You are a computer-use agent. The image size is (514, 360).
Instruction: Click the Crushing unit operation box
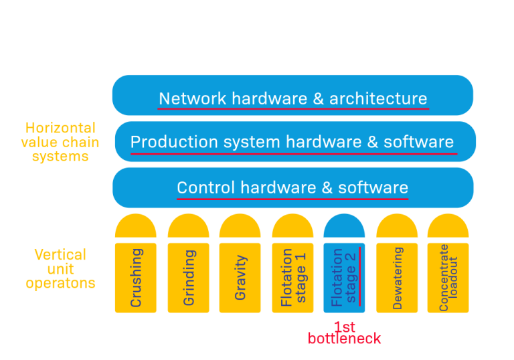136,278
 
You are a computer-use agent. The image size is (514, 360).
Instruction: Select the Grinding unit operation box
188,278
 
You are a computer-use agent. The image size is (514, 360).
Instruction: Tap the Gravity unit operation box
240,278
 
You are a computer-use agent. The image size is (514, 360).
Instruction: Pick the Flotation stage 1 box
292,278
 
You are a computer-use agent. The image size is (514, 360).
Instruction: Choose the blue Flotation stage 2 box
344,278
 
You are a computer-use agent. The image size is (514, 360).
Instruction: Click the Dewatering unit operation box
397,278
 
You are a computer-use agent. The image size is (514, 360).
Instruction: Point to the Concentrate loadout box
448,278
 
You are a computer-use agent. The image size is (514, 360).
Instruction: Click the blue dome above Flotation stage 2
344,228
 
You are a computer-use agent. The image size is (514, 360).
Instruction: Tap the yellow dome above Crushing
136,228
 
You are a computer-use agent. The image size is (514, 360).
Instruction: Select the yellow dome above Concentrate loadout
448,228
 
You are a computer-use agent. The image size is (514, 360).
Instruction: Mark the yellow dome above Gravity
240,228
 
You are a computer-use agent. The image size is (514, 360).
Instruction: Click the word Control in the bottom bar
205,188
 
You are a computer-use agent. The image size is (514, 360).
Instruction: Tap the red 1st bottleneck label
344,333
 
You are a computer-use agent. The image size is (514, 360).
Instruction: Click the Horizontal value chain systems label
60,142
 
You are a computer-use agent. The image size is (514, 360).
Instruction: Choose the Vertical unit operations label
60,269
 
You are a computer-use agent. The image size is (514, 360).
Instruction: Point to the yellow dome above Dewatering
397,228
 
